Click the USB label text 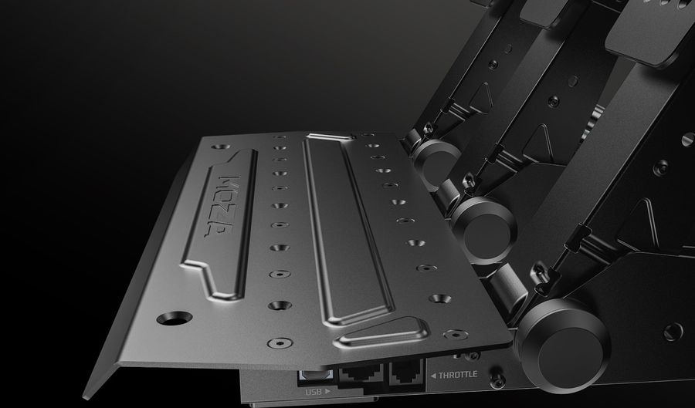click(x=314, y=392)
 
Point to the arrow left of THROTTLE click(x=433, y=376)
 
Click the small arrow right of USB click(x=327, y=391)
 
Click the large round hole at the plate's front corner click(x=175, y=318)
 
